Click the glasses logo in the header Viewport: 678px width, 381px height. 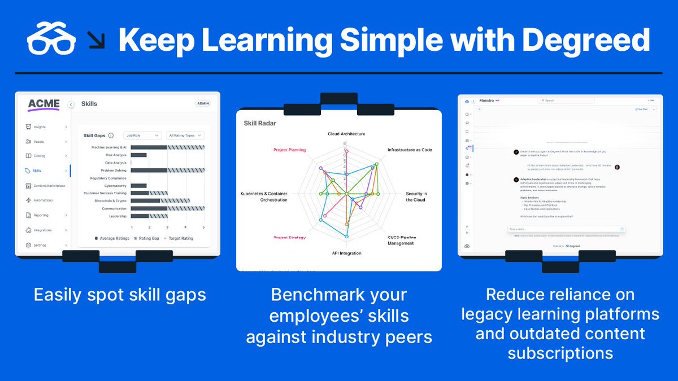pyautogui.click(x=51, y=39)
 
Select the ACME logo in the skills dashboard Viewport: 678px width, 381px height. pyautogui.click(x=44, y=104)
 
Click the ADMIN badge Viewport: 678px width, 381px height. pyautogui.click(x=203, y=104)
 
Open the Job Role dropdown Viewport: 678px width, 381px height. pyautogui.click(x=142, y=135)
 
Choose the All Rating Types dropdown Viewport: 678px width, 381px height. pyautogui.click(x=185, y=135)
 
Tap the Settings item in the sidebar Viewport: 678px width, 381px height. pyautogui.click(x=40, y=246)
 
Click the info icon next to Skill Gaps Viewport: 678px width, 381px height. pyautogui.click(x=111, y=135)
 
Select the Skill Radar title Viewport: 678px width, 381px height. pyautogui.click(x=260, y=123)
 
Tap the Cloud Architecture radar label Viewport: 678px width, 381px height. pyautogui.click(x=346, y=134)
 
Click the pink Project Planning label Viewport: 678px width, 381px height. pyautogui.click(x=289, y=150)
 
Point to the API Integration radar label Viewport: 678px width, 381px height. pyautogui.click(x=346, y=253)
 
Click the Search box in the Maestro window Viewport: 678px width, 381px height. pyautogui.click(x=566, y=100)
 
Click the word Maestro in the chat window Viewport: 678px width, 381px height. pyautogui.click(x=486, y=100)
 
